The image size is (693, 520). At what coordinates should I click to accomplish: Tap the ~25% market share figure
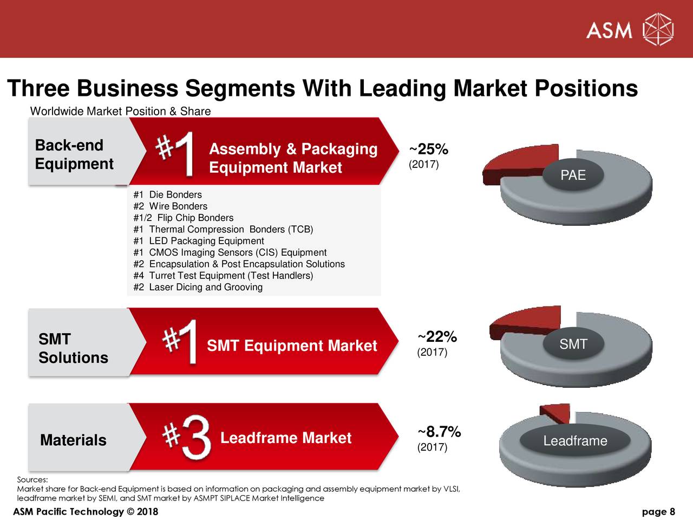click(x=428, y=149)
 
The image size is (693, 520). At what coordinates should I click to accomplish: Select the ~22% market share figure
click(x=437, y=337)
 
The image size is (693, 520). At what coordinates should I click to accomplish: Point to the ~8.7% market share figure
click(x=439, y=432)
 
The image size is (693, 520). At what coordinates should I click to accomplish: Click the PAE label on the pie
click(x=573, y=175)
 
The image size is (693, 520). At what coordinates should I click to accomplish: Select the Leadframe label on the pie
click(x=575, y=441)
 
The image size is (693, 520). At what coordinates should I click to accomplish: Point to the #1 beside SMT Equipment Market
click(x=181, y=342)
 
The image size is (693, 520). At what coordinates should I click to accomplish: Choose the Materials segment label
click(x=73, y=440)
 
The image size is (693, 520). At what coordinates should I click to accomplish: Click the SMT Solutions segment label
click(x=73, y=348)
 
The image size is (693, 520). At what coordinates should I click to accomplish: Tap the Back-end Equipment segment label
click(x=74, y=154)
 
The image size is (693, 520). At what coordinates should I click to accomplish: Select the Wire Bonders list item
click(x=170, y=206)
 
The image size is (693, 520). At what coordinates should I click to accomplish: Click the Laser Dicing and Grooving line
click(x=198, y=287)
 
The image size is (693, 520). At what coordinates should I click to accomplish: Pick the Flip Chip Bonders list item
click(x=184, y=218)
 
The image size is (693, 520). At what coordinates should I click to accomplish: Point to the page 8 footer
click(x=658, y=512)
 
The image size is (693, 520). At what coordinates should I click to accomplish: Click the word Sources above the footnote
click(x=32, y=479)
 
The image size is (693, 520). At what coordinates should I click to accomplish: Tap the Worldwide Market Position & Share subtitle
click(x=120, y=112)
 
